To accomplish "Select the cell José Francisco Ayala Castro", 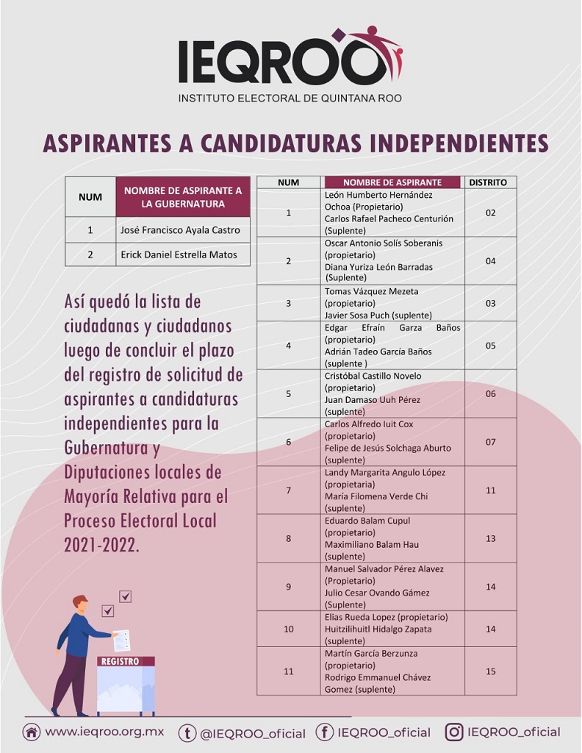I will [180, 229].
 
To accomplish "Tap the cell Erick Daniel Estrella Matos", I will [180, 254].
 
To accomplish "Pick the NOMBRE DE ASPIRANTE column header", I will [392, 182].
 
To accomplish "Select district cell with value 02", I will [490, 213].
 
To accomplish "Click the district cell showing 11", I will [490, 490].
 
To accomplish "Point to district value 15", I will [490, 671].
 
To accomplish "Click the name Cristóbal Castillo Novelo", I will [373, 376].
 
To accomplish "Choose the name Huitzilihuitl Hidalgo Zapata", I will [378, 629].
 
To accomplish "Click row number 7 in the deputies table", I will [289, 490].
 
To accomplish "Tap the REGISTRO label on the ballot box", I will [120, 661].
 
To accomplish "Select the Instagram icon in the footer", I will [455, 732].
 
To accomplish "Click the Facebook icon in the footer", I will [324, 732].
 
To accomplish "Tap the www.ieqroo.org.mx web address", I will [104, 732].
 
